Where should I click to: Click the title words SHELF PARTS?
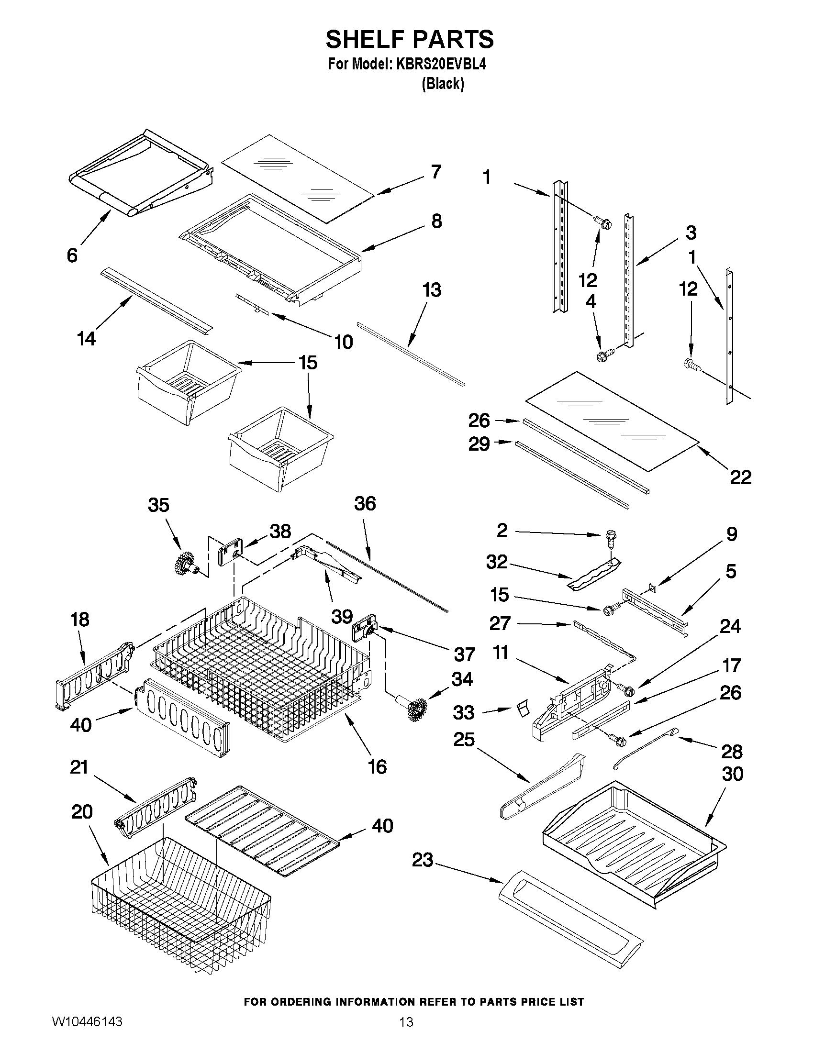click(x=410, y=39)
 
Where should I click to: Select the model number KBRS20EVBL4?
click(x=441, y=64)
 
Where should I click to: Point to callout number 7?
click(x=435, y=172)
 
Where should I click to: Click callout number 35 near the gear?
click(x=158, y=505)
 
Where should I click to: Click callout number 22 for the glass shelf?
click(x=740, y=477)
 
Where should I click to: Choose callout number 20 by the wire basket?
click(x=81, y=812)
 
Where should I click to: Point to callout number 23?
click(x=423, y=860)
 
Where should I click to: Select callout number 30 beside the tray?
click(x=733, y=774)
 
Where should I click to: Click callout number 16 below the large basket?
click(x=377, y=766)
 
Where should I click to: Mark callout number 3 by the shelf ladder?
click(x=691, y=233)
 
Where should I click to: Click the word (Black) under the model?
click(x=443, y=84)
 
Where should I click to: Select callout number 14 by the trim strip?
click(x=86, y=338)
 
